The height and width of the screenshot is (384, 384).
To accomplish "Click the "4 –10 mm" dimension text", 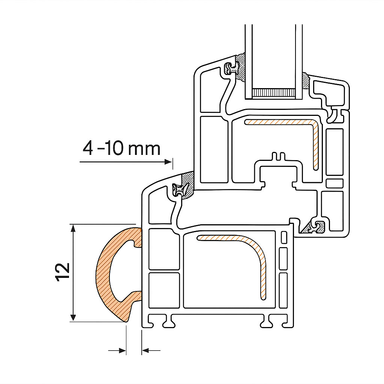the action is coord(121,148).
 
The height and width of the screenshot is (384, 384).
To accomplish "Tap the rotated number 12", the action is coord(63,272).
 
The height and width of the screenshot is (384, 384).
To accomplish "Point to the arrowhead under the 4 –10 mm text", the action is coord(168,162).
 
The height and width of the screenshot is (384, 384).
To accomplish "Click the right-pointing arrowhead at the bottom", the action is coord(122,351).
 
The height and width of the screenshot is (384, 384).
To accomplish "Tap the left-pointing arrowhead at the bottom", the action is coord(145,351).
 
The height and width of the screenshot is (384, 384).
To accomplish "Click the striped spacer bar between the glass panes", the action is coord(273,92).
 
